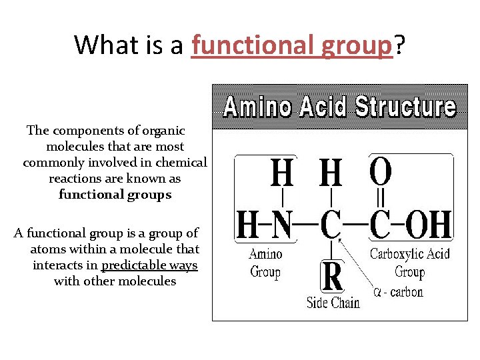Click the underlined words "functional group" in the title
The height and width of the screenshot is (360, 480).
click(291, 45)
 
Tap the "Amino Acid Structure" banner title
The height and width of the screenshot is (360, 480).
click(339, 107)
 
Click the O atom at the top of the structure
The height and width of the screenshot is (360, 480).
click(381, 172)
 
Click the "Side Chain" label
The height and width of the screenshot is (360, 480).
click(333, 302)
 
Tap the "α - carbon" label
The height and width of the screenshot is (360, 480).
click(398, 292)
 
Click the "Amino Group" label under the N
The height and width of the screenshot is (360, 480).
click(265, 263)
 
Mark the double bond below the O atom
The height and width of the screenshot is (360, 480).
click(381, 199)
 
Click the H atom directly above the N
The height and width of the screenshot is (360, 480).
click(281, 173)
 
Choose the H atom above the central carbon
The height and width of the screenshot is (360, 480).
click(331, 173)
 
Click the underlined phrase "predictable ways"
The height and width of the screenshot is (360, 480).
click(149, 265)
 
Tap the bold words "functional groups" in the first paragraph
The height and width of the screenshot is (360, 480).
click(115, 195)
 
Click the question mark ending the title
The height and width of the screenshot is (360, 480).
click(399, 45)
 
